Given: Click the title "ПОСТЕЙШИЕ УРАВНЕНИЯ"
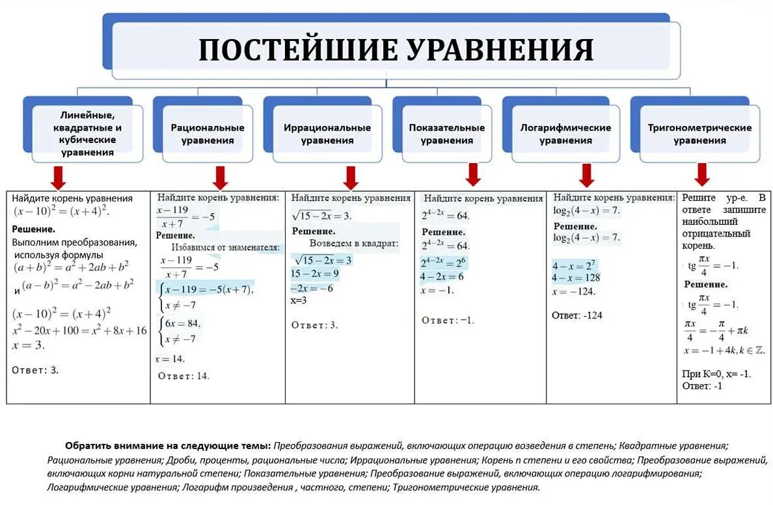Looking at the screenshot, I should [x=396, y=50].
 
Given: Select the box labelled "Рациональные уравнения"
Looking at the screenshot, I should [x=208, y=134].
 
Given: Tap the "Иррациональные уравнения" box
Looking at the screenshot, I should [x=327, y=134].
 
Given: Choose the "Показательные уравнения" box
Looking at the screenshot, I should [x=446, y=134].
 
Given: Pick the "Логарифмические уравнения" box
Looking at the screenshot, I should [x=565, y=134].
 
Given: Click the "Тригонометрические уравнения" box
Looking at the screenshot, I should [x=699, y=134].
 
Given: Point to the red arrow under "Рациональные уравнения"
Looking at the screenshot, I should [x=220, y=177].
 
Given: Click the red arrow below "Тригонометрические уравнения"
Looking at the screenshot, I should [x=701, y=174].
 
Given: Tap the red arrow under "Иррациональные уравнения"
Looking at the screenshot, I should [x=351, y=177].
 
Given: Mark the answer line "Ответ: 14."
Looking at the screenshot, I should [x=184, y=376].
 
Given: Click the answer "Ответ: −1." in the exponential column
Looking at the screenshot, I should [x=448, y=320].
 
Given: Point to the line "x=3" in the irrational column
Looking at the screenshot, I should [x=299, y=300].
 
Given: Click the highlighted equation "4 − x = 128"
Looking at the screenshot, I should [x=576, y=278].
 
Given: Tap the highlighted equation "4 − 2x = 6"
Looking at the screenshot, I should [x=442, y=276].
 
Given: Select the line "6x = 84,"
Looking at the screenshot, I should [x=183, y=324].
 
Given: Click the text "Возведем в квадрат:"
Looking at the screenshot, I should [x=353, y=243].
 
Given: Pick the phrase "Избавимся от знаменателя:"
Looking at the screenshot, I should [x=226, y=248].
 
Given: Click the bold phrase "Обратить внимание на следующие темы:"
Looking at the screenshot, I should [x=168, y=446].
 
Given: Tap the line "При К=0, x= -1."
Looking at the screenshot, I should [x=716, y=374].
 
